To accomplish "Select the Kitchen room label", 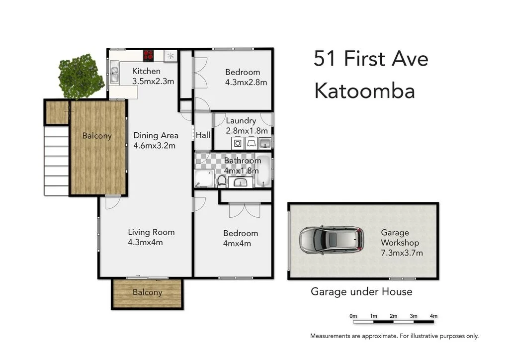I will click(x=146, y=72).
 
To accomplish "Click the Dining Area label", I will click(x=156, y=135).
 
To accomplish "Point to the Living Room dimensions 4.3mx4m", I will click(x=145, y=243).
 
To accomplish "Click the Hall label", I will click(x=203, y=135).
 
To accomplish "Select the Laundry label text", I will click(x=241, y=121).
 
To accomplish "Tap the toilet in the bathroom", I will click(x=222, y=181).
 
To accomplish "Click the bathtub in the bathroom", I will click(x=264, y=171).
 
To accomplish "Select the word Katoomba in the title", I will click(x=365, y=91).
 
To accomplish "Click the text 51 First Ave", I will click(x=371, y=59).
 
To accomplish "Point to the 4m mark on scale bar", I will click(x=433, y=316).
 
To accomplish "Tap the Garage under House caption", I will click(x=361, y=291).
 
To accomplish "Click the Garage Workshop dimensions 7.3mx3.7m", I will click(x=402, y=253).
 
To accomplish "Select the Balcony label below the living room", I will click(x=147, y=292).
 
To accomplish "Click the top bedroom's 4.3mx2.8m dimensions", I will click(x=242, y=82).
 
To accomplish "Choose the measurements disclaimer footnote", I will click(x=394, y=336).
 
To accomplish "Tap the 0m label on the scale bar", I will click(x=353, y=316).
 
